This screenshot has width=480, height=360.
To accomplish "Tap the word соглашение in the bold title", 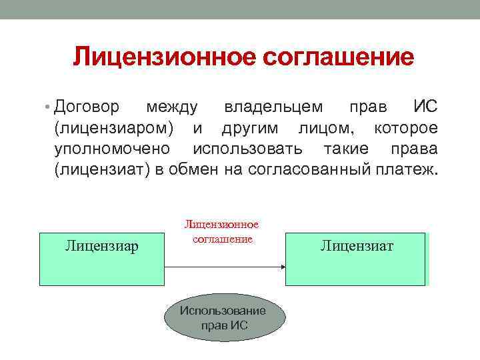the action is (x=339, y=57).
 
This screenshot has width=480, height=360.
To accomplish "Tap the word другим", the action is (x=249, y=127).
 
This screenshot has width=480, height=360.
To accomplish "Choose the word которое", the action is (x=406, y=127).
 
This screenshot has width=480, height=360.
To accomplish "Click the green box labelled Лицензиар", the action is (x=102, y=259).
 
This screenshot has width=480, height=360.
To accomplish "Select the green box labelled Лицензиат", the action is (x=357, y=259).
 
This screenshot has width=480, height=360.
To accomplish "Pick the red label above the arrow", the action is (x=221, y=232).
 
